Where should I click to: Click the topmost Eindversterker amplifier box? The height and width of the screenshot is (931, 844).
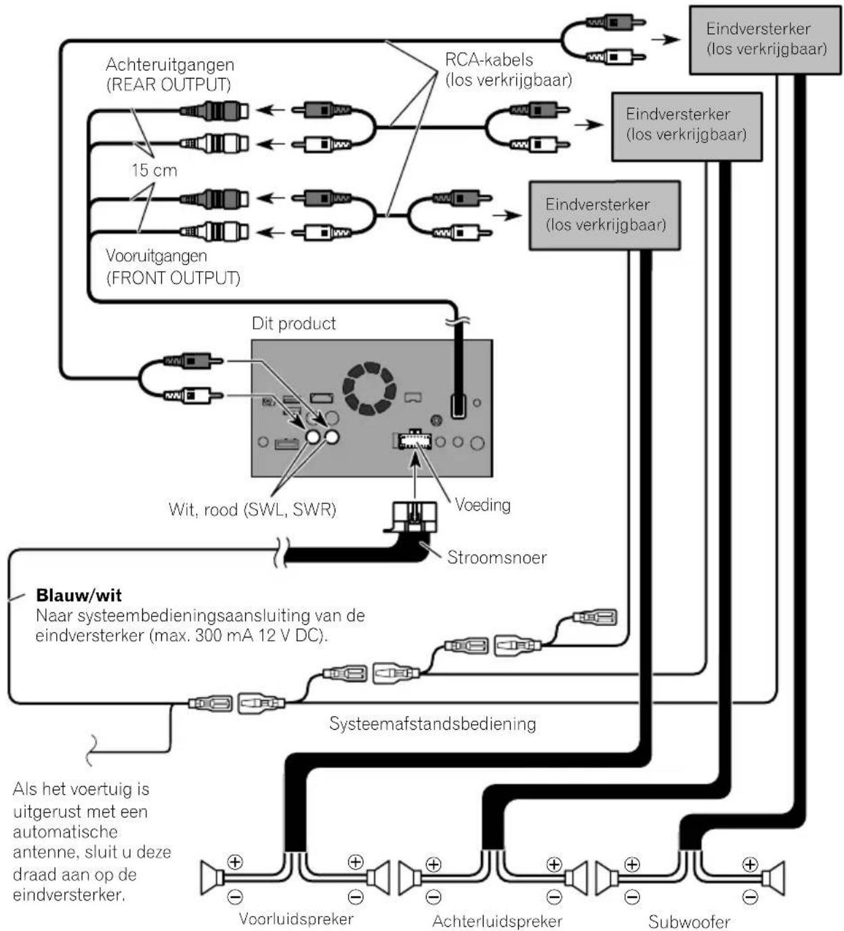pos(765,40)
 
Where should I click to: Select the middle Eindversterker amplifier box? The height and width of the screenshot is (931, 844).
pos(687,127)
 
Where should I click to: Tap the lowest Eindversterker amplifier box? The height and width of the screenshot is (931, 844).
pos(605,215)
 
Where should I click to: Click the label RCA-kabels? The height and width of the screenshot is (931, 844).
pos(488,60)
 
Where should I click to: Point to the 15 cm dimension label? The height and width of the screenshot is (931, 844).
pos(154,170)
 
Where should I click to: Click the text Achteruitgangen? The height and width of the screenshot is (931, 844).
pos(170,65)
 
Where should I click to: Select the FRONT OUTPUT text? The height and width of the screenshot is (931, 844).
pos(173,278)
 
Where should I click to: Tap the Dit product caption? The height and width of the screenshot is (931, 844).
pos(294,323)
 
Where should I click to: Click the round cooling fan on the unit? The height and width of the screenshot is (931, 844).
pos(369,388)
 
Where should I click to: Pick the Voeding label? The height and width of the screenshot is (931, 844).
pos(482,505)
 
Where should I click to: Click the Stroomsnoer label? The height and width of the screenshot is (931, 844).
pos(497,558)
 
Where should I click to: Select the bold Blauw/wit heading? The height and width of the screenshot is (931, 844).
pos(79,595)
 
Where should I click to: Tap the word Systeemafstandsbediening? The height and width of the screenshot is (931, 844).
pos(432,724)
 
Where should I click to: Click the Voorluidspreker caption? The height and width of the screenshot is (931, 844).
pos(296,919)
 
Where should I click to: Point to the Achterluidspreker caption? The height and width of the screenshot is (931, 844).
pos(497,921)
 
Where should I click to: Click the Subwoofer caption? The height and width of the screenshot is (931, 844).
pos(689,922)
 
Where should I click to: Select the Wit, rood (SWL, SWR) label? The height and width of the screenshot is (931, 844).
pos(252,510)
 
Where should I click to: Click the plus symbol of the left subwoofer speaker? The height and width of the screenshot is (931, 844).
pos(633,864)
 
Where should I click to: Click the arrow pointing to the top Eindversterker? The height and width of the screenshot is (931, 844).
pos(665,39)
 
